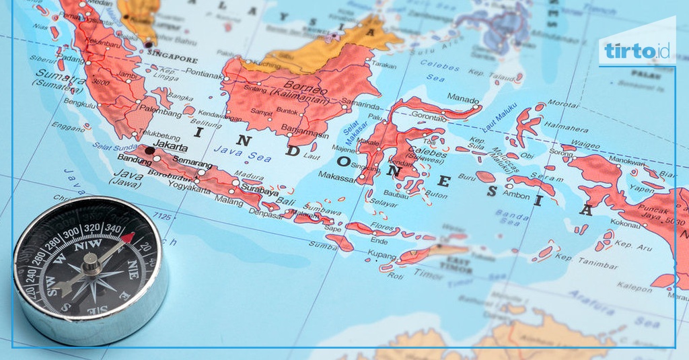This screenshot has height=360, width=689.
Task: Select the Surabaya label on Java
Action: point(259,191)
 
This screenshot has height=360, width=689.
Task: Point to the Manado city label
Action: point(463,99)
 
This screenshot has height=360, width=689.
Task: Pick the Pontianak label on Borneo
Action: point(204,75)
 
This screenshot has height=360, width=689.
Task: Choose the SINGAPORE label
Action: point(173,59)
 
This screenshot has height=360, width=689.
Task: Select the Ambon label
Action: point(517,194)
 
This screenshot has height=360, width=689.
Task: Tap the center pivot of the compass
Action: point(92,262)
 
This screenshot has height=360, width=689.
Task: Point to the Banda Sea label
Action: point(512,217)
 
